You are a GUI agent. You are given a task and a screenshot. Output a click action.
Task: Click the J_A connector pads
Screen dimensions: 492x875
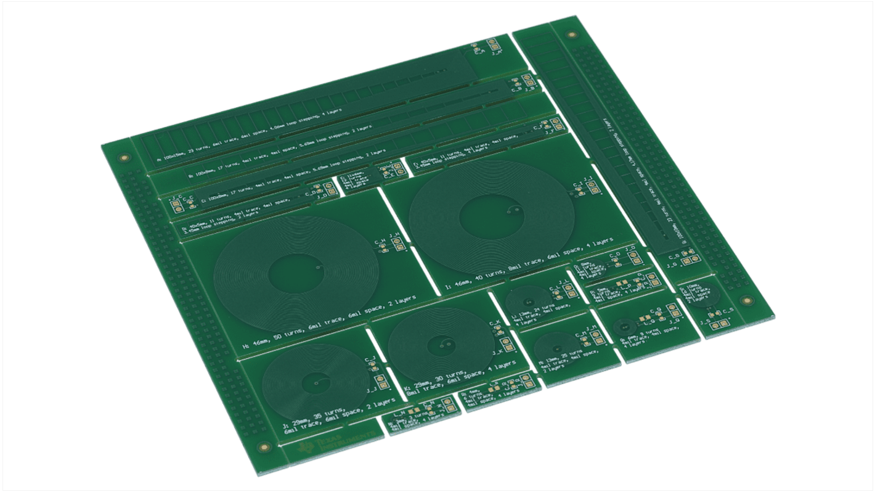pyautogui.click(x=492, y=44)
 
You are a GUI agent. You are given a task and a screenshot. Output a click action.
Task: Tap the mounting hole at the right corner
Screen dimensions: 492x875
pyautogui.click(x=747, y=301)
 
